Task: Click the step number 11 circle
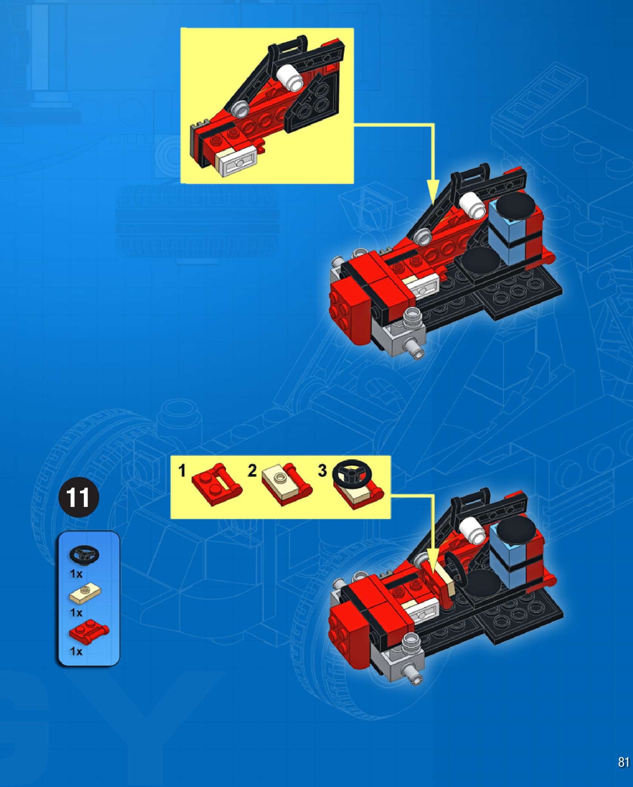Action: [x=79, y=497]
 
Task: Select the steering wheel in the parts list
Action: [x=84, y=555]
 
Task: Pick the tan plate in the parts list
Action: [x=85, y=593]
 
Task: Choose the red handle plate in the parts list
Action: [x=89, y=631]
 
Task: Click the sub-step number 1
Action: [x=182, y=471]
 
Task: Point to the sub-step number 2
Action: [x=252, y=471]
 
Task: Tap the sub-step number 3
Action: [x=322, y=471]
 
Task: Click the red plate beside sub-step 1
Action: [x=217, y=485]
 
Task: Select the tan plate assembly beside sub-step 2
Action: [x=287, y=485]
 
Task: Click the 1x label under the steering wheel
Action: [x=76, y=574]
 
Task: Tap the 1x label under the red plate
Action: [x=76, y=651]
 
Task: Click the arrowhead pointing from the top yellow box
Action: [x=433, y=193]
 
